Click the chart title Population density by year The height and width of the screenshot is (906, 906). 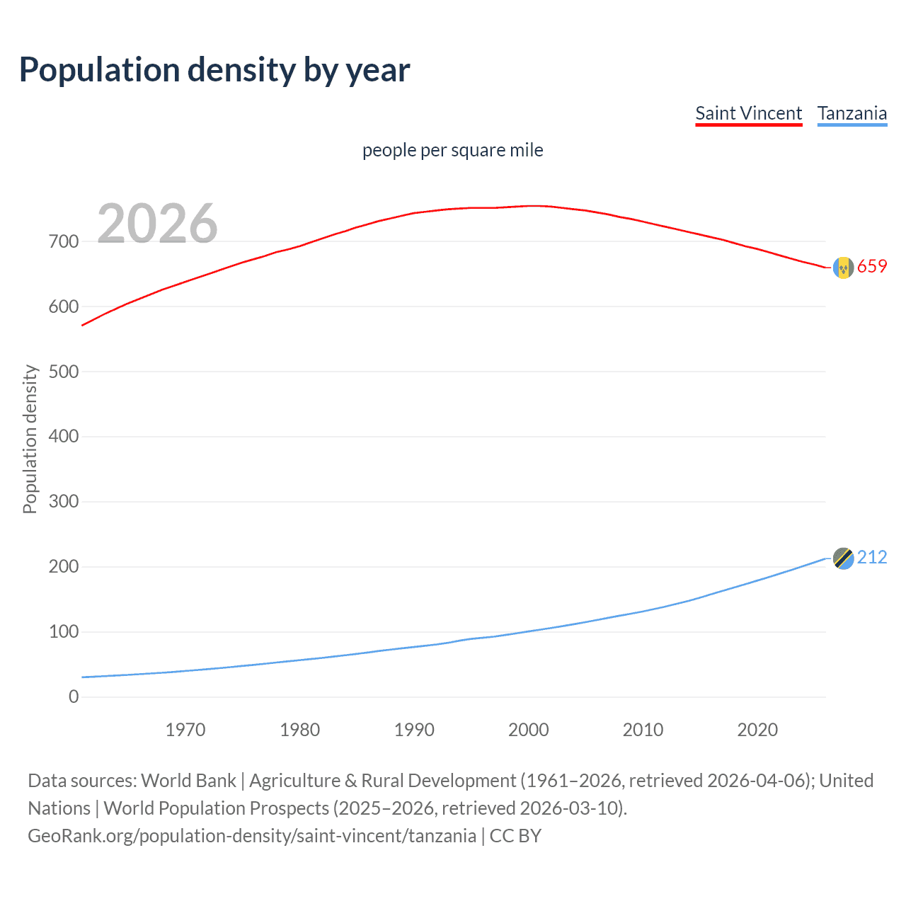214,70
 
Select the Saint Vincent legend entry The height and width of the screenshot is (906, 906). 748,113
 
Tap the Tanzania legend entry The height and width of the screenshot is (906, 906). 851,113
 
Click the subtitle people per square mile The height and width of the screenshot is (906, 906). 452,150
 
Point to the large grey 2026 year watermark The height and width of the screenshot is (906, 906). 157,224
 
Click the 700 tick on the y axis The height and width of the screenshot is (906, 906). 64,241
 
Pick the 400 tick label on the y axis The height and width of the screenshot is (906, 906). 64,436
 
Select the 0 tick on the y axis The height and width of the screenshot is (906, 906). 74,696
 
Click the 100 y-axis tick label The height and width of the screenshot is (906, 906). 64,631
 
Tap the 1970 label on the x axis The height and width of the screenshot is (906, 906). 185,730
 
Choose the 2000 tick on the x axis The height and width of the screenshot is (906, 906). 529,730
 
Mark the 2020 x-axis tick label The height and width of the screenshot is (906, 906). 757,730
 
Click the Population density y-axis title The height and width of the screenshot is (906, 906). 30,439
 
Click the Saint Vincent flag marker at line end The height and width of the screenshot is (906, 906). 843,268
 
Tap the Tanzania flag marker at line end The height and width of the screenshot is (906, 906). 843,558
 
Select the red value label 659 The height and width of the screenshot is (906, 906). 872,267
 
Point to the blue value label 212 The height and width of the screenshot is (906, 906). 872,558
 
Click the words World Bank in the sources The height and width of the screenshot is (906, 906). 188,781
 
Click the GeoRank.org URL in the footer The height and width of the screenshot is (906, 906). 252,836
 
